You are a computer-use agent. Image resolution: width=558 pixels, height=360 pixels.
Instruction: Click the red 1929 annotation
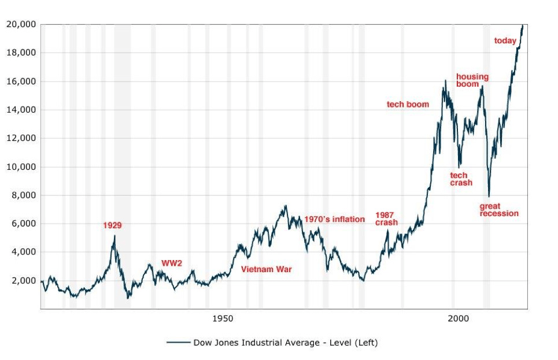[112, 225]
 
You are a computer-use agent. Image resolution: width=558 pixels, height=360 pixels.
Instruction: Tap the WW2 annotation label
[172, 263]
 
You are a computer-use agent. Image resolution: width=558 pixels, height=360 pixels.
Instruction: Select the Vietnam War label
[267, 269]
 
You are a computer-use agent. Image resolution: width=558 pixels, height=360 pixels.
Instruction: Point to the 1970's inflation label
[335, 219]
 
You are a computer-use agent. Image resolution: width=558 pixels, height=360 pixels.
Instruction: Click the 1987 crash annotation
[386, 218]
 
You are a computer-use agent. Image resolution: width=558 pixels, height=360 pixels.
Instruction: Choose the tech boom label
[408, 105]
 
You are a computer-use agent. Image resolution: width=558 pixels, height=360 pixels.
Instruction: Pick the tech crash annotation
[461, 179]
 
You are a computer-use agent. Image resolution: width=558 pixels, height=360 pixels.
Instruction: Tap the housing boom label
[472, 80]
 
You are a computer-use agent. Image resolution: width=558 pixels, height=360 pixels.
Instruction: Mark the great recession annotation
[499, 210]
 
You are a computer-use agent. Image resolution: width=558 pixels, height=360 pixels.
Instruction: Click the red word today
[505, 40]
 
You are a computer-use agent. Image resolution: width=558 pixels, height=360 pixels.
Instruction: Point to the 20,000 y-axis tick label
[21, 24]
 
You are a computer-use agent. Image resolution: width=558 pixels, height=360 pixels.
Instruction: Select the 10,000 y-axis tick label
[21, 167]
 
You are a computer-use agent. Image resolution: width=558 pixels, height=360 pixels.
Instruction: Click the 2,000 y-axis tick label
[24, 281]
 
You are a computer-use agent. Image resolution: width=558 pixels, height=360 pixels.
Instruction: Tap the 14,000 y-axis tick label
[21, 110]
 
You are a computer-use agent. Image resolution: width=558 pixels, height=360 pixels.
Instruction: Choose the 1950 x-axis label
[223, 318]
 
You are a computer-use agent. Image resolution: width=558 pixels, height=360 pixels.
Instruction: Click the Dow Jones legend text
[285, 343]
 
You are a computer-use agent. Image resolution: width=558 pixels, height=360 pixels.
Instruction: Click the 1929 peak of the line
[114, 235]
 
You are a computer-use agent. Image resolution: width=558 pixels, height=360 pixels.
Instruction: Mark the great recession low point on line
[489, 196]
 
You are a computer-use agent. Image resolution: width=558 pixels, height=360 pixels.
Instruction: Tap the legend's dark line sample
[178, 343]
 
